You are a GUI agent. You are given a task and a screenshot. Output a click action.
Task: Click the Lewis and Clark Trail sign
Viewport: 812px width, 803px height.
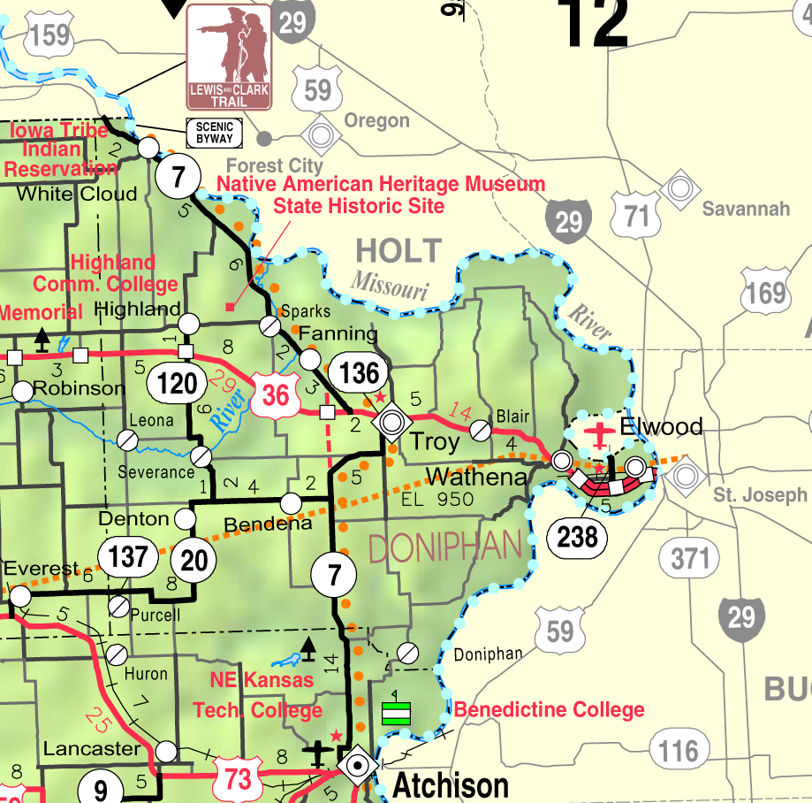[x=230, y=57]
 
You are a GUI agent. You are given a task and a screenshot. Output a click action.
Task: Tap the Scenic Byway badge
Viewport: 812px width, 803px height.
[x=215, y=133]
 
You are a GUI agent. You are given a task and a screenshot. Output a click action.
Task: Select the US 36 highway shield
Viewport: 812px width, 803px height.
[x=275, y=394]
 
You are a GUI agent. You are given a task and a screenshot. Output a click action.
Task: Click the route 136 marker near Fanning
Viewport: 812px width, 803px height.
[x=359, y=372]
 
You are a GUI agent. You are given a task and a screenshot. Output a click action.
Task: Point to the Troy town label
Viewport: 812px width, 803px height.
[x=434, y=441]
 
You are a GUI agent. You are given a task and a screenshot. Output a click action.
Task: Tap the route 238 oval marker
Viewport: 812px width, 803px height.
[x=578, y=536]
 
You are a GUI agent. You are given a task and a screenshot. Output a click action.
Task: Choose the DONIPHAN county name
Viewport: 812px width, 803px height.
[x=444, y=548]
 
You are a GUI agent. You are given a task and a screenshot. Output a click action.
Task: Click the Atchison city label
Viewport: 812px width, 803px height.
[x=451, y=785]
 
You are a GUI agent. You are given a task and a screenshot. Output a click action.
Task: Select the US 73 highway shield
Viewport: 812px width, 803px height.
[x=239, y=779]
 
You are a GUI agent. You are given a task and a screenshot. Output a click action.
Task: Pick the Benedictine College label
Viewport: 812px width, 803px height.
[x=549, y=710]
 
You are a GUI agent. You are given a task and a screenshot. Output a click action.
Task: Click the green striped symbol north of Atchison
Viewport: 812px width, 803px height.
[x=397, y=713]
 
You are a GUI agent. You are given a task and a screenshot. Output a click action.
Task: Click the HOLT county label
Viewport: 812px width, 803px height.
[x=398, y=251]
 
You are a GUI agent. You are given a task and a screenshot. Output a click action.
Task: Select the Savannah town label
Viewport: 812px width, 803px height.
[x=746, y=210]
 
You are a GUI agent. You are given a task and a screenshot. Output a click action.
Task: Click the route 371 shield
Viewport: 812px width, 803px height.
[x=689, y=558]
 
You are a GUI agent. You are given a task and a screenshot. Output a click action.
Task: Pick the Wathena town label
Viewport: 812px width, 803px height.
[x=476, y=478]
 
